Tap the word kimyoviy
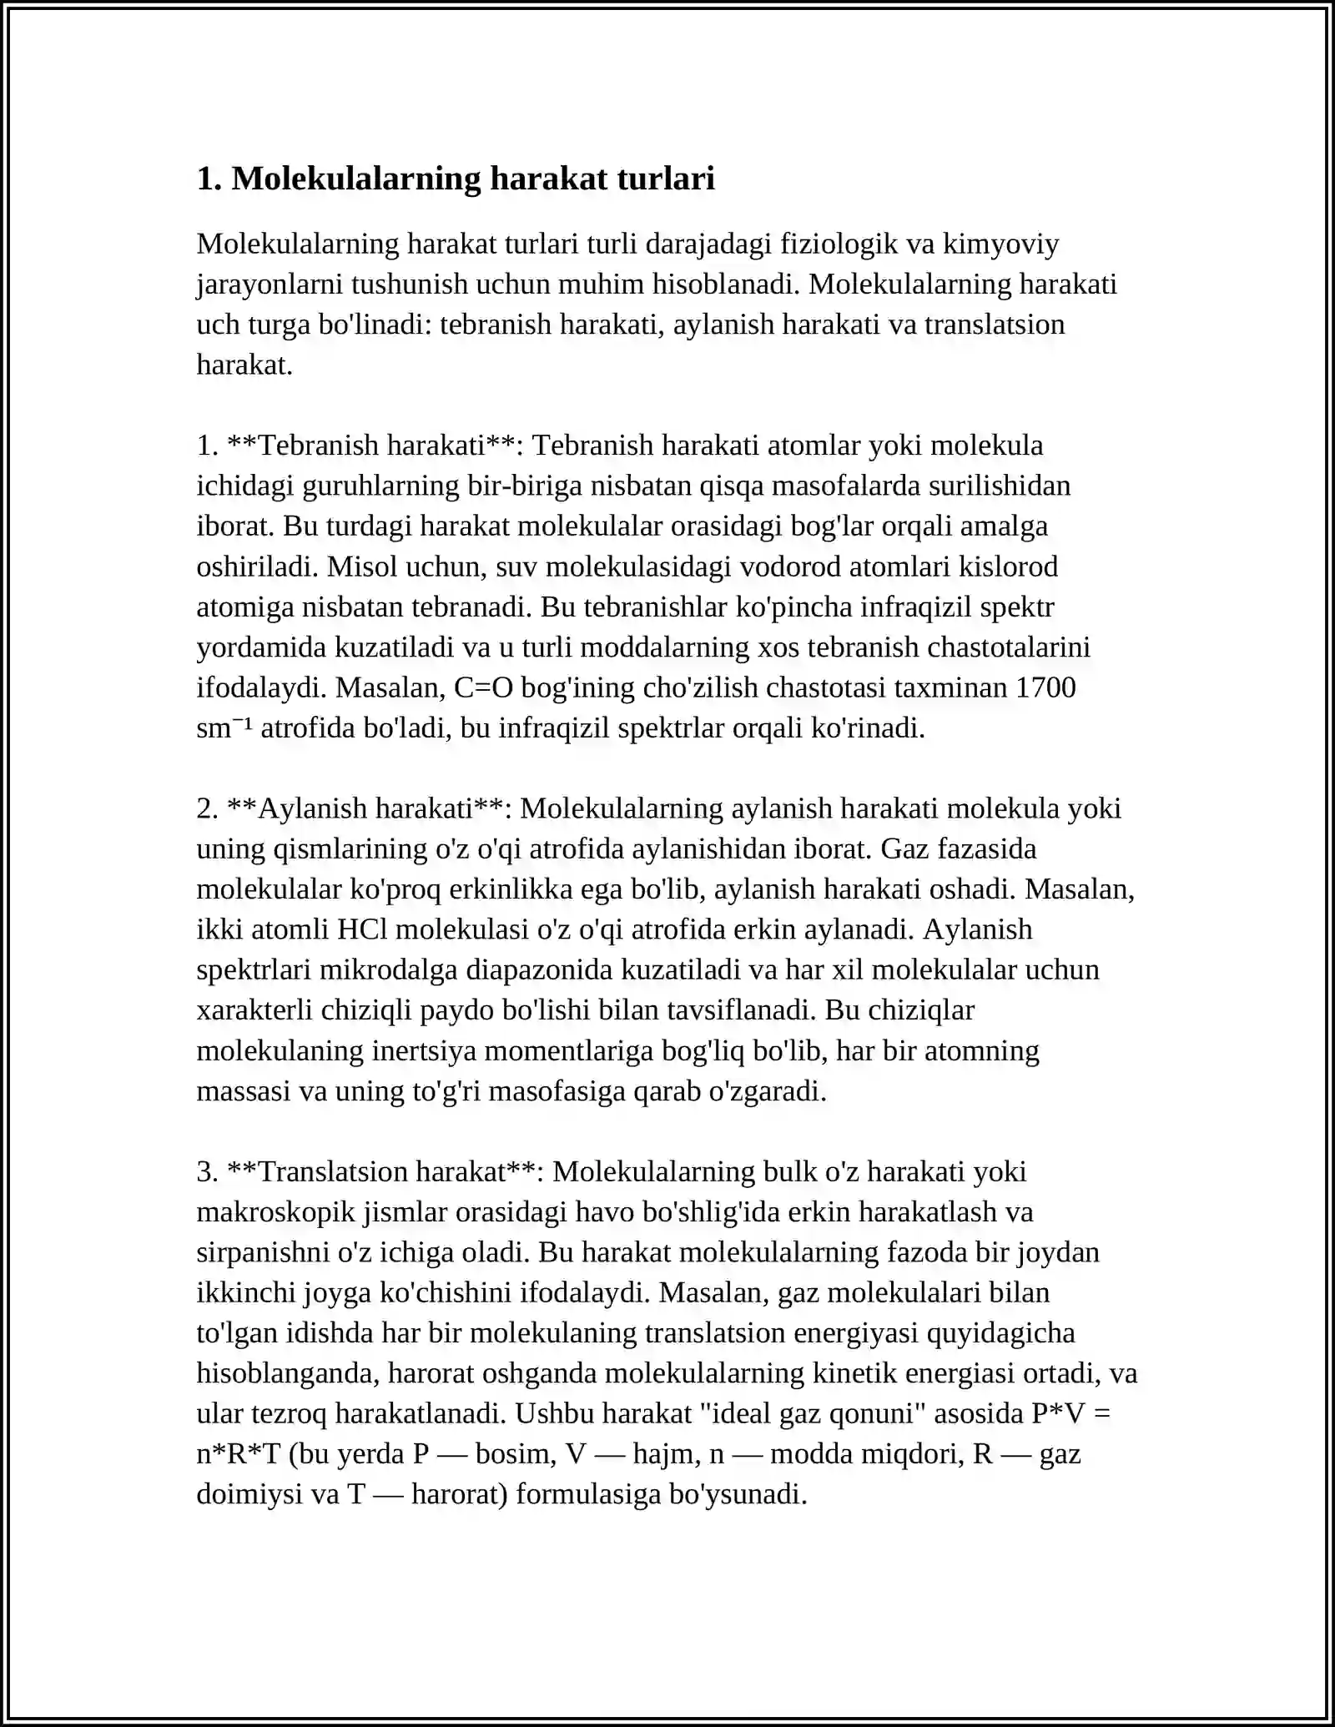click(1001, 244)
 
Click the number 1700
click(1045, 687)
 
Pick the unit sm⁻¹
click(224, 728)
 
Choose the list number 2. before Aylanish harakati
click(207, 808)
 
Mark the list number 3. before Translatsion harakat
click(207, 1171)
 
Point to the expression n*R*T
click(238, 1454)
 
